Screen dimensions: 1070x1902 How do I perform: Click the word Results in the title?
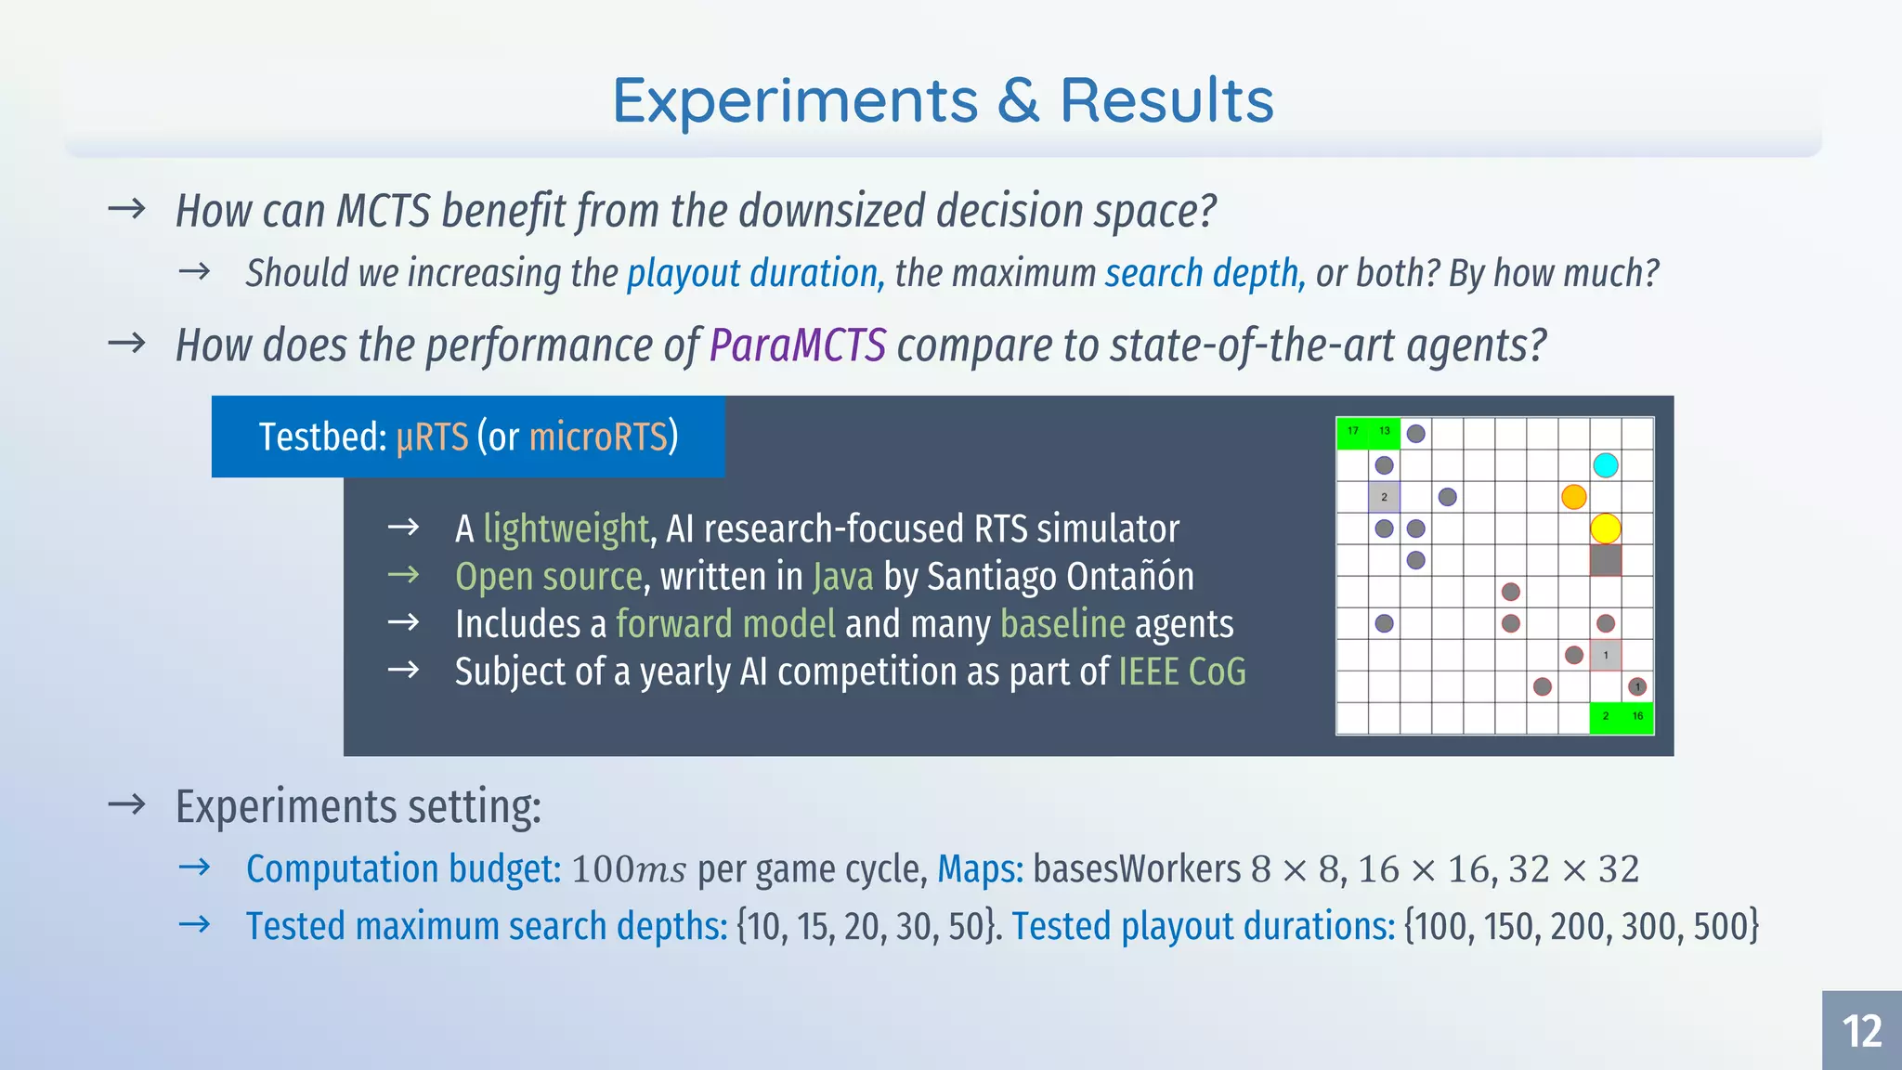pyautogui.click(x=1166, y=100)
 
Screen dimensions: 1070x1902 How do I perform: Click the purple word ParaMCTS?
pyautogui.click(x=798, y=346)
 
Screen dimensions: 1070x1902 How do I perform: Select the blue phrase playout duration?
pyautogui.click(x=752, y=274)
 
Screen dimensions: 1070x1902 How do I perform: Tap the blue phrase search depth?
pyautogui.click(x=1204, y=274)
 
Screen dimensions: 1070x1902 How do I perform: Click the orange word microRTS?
pyautogui.click(x=598, y=437)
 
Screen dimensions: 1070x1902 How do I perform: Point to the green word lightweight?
pyautogui.click(x=565, y=529)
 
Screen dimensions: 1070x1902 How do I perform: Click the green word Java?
pyautogui.click(x=842, y=577)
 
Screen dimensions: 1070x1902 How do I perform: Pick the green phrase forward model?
pyautogui.click(x=725, y=624)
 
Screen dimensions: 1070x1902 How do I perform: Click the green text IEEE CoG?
pyautogui.click(x=1181, y=672)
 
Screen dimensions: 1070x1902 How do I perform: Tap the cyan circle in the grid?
pyautogui.click(x=1606, y=465)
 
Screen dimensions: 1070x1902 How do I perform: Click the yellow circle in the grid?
pyautogui.click(x=1606, y=528)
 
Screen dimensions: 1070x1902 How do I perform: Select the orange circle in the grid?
pyautogui.click(x=1573, y=497)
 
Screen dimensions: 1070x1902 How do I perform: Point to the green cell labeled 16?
pyautogui.click(x=1637, y=717)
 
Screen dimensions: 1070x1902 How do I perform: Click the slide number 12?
pyautogui.click(x=1861, y=1031)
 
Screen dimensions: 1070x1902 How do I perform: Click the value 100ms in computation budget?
pyautogui.click(x=629, y=870)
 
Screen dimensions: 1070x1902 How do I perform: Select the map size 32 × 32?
pyautogui.click(x=1573, y=870)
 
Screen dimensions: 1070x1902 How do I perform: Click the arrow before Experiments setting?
pyautogui.click(x=126, y=804)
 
